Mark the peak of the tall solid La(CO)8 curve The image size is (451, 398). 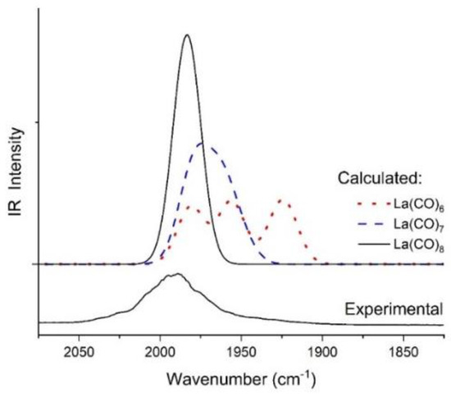187,35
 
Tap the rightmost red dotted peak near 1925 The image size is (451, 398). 284,199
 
